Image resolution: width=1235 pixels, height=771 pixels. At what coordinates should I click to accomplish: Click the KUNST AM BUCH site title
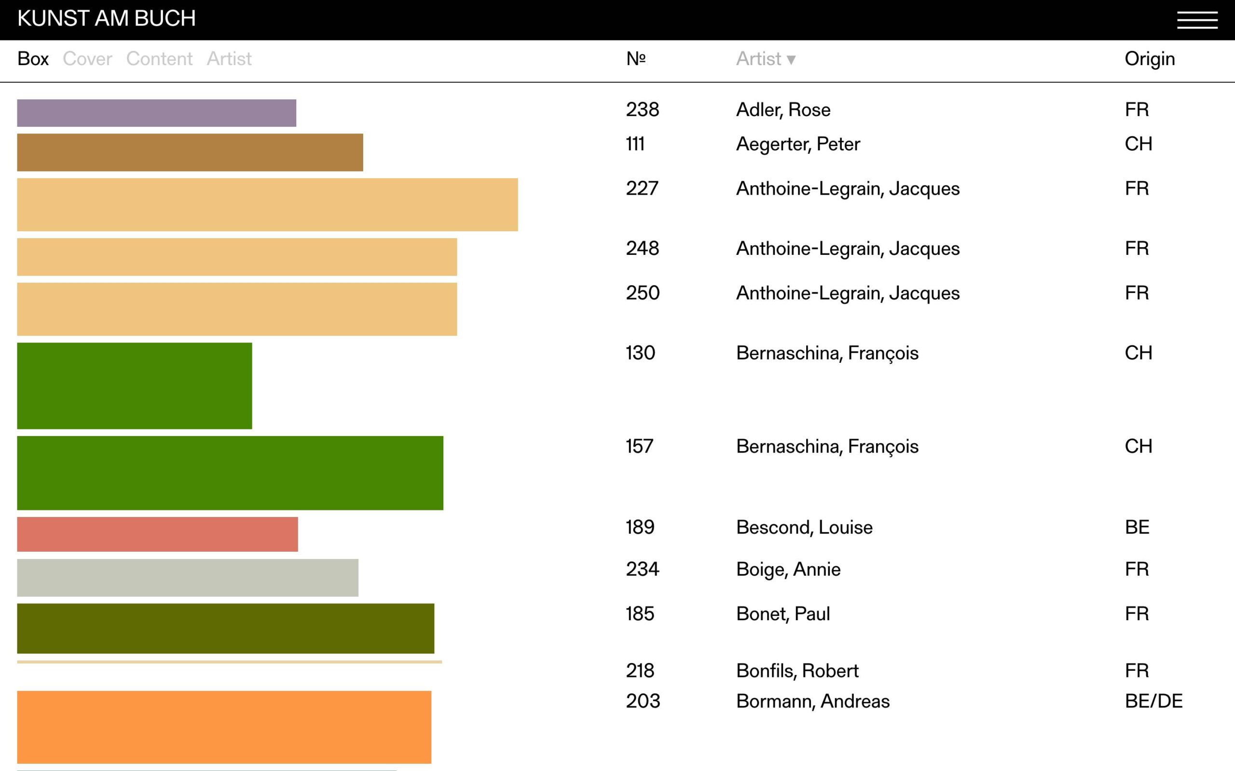point(106,19)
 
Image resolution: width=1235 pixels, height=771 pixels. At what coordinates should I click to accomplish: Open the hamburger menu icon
point(1197,20)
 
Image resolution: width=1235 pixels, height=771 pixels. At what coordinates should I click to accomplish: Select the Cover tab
point(87,59)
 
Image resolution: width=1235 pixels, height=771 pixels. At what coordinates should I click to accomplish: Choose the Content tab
point(159,59)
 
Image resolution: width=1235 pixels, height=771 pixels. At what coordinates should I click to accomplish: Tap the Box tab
point(33,59)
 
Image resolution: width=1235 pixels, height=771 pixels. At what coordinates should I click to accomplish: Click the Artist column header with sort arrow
point(765,59)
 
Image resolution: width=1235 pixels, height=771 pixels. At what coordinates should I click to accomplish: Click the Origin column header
point(1149,59)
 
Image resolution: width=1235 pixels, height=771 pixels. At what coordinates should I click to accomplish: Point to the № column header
point(636,59)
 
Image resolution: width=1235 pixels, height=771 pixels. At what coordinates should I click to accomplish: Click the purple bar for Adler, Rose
point(156,113)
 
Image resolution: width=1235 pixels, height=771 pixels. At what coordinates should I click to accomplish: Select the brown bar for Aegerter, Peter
point(190,152)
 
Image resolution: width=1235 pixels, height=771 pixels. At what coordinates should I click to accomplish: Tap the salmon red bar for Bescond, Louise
point(157,534)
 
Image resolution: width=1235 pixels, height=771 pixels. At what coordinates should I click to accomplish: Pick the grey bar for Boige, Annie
point(187,578)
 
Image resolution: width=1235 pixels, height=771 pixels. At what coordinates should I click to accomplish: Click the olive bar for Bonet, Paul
point(226,628)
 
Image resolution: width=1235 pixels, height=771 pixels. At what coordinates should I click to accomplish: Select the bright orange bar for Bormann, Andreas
point(224,727)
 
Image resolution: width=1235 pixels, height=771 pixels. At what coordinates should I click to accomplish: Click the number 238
point(643,110)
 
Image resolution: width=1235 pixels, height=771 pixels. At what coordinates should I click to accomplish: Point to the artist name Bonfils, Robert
point(797,671)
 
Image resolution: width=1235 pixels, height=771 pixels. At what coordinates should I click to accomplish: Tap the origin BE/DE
point(1153,701)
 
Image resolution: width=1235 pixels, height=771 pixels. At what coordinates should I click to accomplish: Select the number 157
point(639,446)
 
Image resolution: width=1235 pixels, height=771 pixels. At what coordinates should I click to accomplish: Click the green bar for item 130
point(134,385)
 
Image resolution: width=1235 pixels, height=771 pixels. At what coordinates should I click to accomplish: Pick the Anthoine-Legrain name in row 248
point(848,248)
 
